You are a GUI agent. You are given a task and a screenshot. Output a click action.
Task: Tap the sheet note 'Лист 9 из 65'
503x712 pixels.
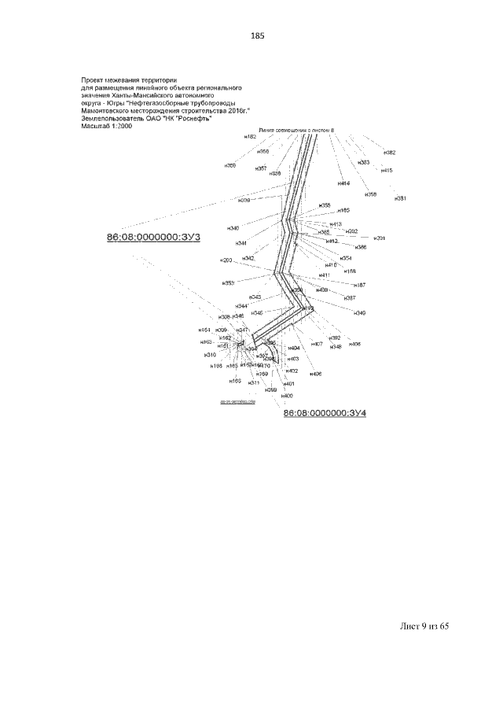click(424, 626)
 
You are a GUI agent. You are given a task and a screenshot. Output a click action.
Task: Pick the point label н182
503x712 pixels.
click(251, 137)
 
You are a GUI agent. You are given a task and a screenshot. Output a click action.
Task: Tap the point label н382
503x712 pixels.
click(389, 153)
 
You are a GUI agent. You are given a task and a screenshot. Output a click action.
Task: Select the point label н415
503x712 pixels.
click(386, 170)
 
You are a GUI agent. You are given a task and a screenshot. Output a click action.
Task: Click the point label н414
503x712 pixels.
click(343, 183)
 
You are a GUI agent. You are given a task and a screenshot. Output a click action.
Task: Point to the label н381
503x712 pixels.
click(400, 198)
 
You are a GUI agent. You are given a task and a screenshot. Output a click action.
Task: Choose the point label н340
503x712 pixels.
click(233, 228)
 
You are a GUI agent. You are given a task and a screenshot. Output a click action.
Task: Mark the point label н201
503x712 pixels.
click(380, 238)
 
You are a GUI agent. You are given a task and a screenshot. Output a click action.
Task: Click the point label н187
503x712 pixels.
click(359, 285)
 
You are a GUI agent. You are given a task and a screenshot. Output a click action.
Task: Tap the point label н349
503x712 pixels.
click(359, 313)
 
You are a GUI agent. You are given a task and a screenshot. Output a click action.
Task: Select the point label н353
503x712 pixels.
click(228, 282)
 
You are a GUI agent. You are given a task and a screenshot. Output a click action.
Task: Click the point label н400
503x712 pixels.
click(288, 395)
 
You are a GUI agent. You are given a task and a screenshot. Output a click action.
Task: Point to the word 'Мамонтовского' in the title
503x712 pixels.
click(105, 111)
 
